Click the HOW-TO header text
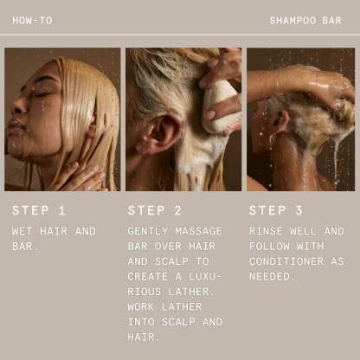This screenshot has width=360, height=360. (x=32, y=21)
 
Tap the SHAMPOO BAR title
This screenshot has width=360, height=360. (x=305, y=21)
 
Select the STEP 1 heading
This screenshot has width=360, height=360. (x=39, y=210)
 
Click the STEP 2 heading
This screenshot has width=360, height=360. (x=155, y=210)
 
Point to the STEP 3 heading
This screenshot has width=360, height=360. (x=276, y=210)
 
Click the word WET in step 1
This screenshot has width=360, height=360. (x=22, y=231)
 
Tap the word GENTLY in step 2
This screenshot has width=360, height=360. (x=148, y=231)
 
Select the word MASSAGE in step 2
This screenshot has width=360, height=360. (x=198, y=231)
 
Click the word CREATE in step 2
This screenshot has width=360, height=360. (x=148, y=277)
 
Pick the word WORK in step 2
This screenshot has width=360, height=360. (x=141, y=306)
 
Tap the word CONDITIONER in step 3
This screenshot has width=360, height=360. (x=286, y=261)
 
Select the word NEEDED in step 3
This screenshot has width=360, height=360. (x=270, y=277)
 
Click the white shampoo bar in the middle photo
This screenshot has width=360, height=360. (x=220, y=106)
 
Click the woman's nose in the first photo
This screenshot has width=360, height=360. (x=16, y=108)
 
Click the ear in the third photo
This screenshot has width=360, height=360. (x=281, y=120)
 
